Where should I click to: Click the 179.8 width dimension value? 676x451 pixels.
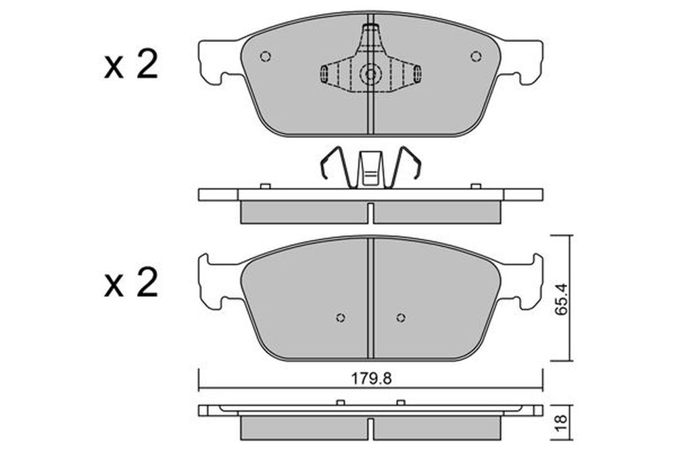tap(370, 379)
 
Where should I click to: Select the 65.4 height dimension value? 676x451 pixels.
tap(561, 299)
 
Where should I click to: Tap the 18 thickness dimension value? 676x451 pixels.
tap(561, 423)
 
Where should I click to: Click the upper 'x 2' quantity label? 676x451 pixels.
tap(131, 66)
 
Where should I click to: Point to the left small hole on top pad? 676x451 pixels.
tap(266, 57)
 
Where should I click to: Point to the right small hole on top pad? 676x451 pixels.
tap(475, 57)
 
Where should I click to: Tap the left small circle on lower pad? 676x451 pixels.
tap(341, 318)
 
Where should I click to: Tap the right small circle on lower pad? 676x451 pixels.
tap(401, 318)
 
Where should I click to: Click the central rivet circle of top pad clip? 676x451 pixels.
tap(370, 74)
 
